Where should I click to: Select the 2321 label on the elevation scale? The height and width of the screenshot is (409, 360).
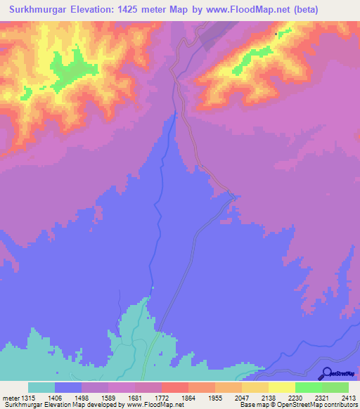(334, 397)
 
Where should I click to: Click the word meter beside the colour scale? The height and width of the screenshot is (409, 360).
(11, 397)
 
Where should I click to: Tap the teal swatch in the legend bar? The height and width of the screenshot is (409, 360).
(41, 387)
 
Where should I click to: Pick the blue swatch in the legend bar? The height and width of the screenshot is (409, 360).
(68, 387)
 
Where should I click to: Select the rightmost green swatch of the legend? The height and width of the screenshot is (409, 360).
(335, 387)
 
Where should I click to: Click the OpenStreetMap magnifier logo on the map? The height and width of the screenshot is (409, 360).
(325, 373)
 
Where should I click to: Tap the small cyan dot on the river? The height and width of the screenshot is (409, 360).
(152, 287)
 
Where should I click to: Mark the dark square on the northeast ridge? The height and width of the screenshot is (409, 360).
(276, 32)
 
